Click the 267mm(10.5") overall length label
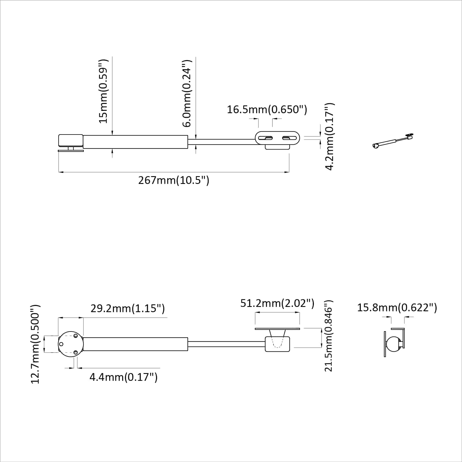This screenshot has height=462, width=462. (174, 180)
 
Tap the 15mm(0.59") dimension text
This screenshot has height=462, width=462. (103, 91)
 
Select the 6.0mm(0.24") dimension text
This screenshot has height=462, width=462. (187, 94)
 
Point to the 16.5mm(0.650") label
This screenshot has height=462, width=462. (267, 110)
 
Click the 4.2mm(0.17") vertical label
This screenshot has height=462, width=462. (329, 137)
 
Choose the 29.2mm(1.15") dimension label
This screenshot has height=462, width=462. (127, 308)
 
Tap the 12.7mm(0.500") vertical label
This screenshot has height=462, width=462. (35, 344)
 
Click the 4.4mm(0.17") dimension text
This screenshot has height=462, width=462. (123, 377)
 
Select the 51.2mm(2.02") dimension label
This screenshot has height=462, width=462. (277, 303)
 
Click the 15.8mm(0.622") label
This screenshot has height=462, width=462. (397, 308)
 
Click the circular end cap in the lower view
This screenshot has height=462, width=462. (71, 344)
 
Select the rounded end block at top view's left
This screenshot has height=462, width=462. (71, 141)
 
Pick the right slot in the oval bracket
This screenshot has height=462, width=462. (289, 138)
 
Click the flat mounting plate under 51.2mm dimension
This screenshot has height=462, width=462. (277, 329)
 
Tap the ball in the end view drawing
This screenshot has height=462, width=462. (393, 344)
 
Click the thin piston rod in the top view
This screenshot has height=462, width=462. (222, 141)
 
